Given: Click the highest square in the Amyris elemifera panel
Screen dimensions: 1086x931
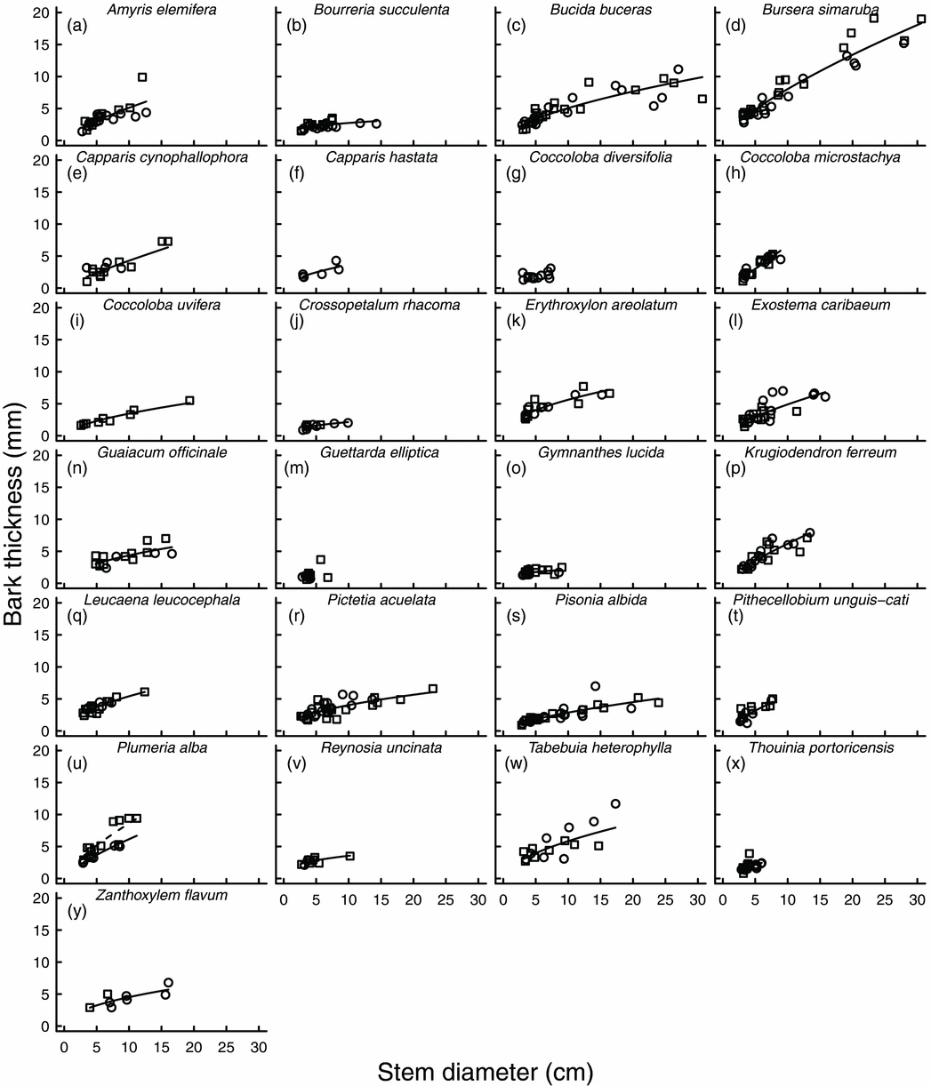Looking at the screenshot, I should [142, 77].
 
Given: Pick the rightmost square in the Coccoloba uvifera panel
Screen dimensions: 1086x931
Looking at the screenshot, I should [189, 401].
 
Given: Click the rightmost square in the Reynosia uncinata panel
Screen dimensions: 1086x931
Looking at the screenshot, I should [349, 856].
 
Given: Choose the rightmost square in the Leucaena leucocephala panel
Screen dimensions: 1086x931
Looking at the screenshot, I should [145, 691].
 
